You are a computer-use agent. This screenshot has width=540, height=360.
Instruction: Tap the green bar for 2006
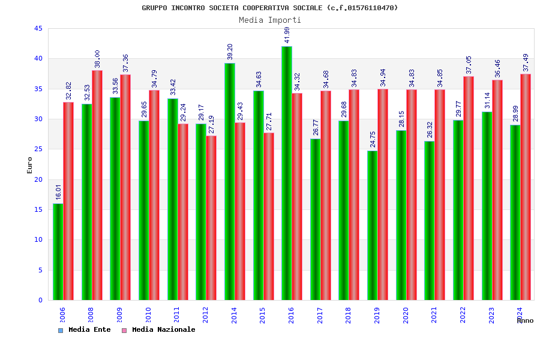pos(58,251)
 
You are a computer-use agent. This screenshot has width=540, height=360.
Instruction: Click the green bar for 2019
pos(373,225)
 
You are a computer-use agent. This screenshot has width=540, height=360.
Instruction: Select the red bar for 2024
pos(526,187)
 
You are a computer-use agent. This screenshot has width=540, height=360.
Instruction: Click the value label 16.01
pos(58,192)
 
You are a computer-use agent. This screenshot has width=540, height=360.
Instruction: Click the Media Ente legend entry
pos(85,330)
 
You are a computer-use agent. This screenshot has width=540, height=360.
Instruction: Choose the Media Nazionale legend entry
pos(158,330)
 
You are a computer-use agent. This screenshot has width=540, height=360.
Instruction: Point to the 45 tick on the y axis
pos(38,29)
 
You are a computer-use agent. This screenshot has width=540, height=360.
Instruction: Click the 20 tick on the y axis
pos(38,179)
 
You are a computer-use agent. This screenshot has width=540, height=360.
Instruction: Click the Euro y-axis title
pos(30,165)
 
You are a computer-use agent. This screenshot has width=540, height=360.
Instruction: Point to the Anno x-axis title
pos(525,321)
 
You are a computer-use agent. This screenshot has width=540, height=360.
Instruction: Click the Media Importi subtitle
pos(270,20)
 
